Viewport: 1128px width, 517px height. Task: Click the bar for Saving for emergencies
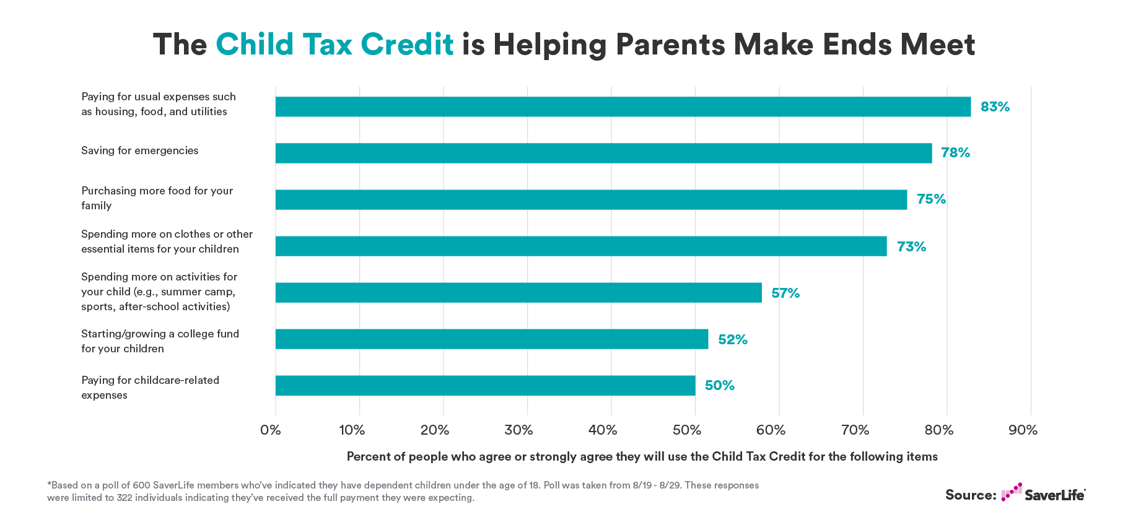[x=603, y=153]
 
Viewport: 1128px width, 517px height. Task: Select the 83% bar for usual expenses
[x=623, y=106]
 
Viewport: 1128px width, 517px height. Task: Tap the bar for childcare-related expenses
[x=485, y=385]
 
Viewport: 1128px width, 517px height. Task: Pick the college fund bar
[x=491, y=339]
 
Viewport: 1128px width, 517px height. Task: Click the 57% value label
[x=785, y=293]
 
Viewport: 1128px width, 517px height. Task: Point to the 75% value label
[x=931, y=199]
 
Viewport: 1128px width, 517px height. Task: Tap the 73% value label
[x=911, y=246]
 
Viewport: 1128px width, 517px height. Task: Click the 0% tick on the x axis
[x=271, y=430]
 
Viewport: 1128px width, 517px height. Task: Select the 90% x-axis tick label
[x=1023, y=430]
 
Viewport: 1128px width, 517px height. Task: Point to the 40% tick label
[x=602, y=430]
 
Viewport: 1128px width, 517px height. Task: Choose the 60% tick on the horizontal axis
[x=771, y=430]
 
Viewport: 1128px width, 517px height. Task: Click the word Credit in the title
[x=407, y=45]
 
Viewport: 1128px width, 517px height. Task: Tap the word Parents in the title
[x=670, y=45]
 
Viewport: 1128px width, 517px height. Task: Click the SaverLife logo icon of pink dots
[x=1011, y=492]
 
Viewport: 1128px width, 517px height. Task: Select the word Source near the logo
[x=970, y=495]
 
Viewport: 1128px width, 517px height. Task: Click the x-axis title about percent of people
[x=642, y=456]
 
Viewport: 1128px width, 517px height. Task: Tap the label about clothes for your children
[x=167, y=241]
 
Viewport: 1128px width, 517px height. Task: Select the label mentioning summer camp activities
[x=159, y=292]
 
